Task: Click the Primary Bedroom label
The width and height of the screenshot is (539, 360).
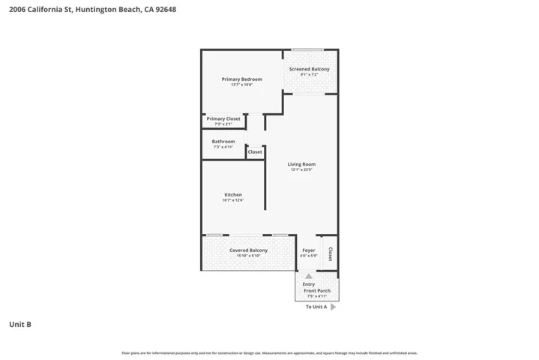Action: pos(241,79)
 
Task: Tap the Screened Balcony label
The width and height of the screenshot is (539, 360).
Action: pos(310,69)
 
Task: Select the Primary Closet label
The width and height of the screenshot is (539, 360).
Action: pos(223,118)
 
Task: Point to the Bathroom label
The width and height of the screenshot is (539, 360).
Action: pos(223,141)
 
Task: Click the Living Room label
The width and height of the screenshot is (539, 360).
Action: pos(302,164)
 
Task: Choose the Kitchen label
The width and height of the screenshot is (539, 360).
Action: pos(233,194)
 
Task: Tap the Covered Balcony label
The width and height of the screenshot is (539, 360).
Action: pos(248,250)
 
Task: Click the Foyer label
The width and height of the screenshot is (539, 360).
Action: pos(309,250)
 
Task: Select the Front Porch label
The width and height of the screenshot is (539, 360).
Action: pos(318,290)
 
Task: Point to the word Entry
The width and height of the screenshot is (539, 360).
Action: pos(309,283)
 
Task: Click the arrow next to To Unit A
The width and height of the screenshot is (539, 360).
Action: pos(333,307)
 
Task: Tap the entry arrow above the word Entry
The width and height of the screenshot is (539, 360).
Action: pos(309,276)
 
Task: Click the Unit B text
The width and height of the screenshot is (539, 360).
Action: pos(19,324)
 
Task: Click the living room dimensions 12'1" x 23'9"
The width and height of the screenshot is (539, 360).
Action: pos(302,170)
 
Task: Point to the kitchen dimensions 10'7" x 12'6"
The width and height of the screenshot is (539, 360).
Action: pos(233,200)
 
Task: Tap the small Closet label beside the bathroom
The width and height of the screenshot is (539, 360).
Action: pos(255,151)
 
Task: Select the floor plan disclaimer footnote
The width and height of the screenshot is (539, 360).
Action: pos(269,352)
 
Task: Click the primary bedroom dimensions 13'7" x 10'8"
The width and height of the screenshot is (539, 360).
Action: pos(241,85)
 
